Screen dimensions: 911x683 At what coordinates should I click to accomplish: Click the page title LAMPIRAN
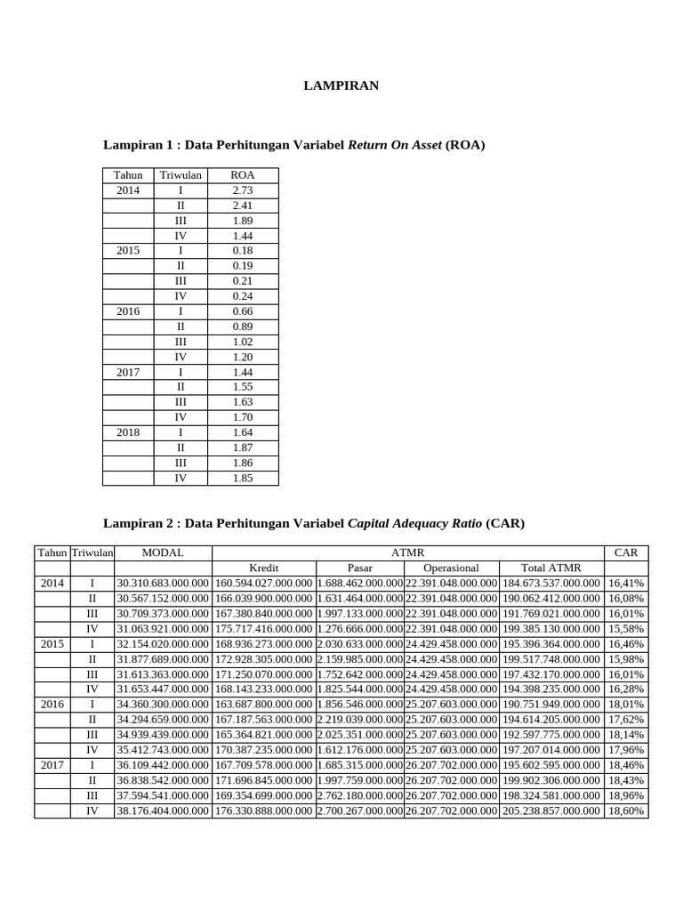341,85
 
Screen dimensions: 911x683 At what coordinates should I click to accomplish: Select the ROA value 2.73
242,190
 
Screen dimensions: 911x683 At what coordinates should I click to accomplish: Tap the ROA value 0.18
242,251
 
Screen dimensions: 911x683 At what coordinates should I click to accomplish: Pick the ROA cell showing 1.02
242,342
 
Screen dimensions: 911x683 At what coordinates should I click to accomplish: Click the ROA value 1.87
242,447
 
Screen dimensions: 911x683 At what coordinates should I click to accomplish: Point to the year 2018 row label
128,432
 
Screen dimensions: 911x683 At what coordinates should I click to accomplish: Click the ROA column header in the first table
242,175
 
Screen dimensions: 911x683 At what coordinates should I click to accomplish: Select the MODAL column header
163,552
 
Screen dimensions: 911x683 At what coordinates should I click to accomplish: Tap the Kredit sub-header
263,568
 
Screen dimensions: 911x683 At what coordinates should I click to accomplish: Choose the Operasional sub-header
451,568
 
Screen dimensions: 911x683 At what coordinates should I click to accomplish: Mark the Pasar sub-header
359,568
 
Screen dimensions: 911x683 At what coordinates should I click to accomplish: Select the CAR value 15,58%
626,628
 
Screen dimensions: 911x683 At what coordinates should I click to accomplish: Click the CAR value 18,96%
626,794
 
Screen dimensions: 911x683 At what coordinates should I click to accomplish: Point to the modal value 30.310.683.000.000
163,583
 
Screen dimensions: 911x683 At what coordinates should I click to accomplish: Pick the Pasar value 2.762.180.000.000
359,794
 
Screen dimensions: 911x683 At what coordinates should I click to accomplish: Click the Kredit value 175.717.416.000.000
263,628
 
